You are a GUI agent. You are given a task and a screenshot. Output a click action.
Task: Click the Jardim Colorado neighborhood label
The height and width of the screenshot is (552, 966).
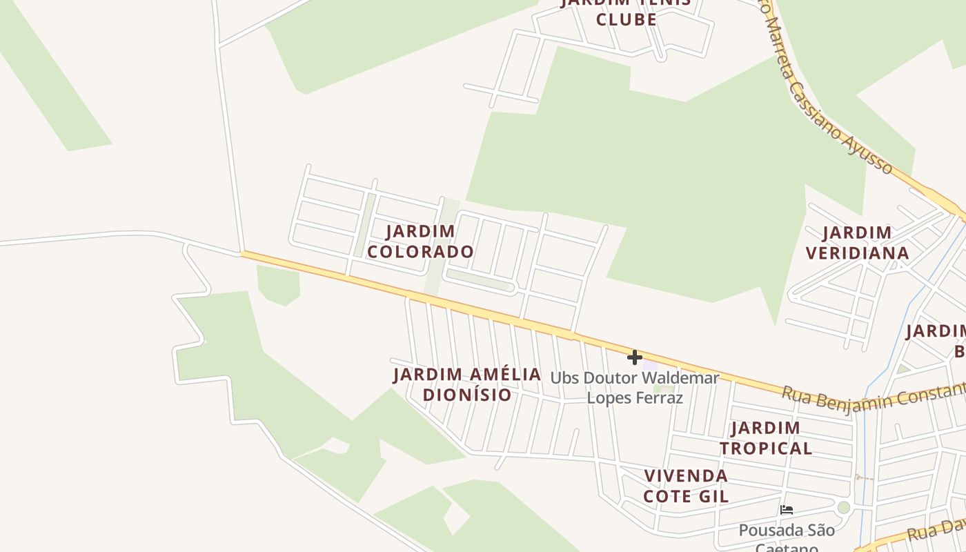[x=420, y=241]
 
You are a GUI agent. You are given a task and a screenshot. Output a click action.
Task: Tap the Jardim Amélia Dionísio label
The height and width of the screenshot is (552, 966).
[x=467, y=384]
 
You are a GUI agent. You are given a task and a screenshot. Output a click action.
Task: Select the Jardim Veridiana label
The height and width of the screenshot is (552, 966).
[x=857, y=243]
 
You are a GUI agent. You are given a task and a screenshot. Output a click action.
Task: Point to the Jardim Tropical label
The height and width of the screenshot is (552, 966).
[x=766, y=438]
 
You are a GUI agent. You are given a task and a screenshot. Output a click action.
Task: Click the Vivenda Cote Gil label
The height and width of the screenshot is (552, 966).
[x=686, y=486]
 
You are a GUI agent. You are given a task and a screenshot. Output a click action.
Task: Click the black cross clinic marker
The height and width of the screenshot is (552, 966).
[x=635, y=357]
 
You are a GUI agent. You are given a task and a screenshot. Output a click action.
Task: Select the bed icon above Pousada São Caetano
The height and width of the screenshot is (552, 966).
[x=786, y=511]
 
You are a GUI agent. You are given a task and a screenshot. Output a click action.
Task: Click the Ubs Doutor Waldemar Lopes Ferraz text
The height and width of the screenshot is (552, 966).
[x=635, y=388]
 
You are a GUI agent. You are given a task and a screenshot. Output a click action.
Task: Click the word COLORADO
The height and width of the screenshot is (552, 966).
[x=420, y=252]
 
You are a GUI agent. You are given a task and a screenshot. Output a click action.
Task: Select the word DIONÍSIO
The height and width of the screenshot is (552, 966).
[x=467, y=395]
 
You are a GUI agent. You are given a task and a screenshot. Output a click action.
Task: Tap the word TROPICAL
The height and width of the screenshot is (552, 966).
[x=766, y=448]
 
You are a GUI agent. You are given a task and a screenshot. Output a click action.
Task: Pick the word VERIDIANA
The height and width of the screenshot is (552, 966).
[x=857, y=253]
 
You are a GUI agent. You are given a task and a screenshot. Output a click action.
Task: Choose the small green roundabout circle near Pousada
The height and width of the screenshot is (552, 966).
[x=843, y=508]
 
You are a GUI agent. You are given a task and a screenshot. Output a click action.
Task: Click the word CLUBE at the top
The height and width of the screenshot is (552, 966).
[x=627, y=19]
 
